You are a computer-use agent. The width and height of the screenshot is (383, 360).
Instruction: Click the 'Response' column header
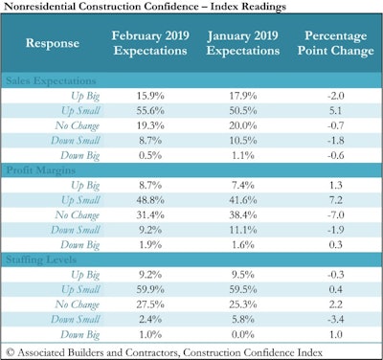click(x=47, y=43)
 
